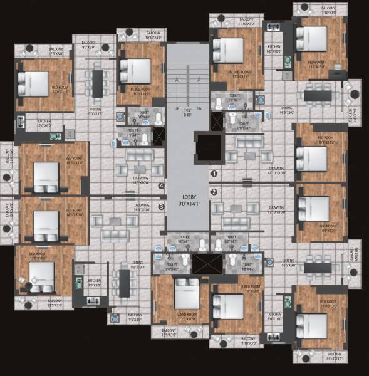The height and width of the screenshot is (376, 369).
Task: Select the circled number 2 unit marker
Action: point(214,192)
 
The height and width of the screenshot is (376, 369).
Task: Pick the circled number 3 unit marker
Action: point(161,206)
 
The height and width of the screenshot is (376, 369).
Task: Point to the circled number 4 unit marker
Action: point(161,186)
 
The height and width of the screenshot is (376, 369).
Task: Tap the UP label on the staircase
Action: point(177,110)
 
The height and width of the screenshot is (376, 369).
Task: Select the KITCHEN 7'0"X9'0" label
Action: point(94,283)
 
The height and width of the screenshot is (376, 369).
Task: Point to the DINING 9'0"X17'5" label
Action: point(95,112)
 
